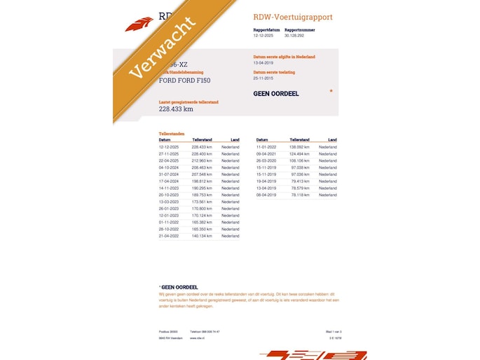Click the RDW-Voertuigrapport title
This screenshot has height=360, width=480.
(x=293, y=17)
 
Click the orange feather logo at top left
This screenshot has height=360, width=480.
(x=139, y=25)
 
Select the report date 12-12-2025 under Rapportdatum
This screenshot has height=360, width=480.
(x=263, y=35)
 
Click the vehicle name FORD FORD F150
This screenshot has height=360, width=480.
(x=184, y=81)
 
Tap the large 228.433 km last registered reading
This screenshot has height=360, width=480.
(x=176, y=109)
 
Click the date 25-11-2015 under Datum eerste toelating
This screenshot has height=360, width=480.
(x=264, y=78)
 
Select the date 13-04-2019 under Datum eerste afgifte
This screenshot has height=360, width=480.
(x=264, y=62)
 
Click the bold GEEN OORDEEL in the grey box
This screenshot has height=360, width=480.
(x=276, y=93)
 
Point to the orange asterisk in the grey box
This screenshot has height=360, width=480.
(x=331, y=91)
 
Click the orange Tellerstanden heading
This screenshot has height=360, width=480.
(x=172, y=133)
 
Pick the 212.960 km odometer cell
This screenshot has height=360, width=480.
(x=202, y=161)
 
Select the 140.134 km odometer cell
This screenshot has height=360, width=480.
(x=202, y=236)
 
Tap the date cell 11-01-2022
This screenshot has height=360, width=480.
(x=266, y=147)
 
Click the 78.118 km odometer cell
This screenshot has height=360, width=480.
(x=299, y=195)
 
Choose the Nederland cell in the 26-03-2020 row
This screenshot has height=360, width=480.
(x=327, y=161)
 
